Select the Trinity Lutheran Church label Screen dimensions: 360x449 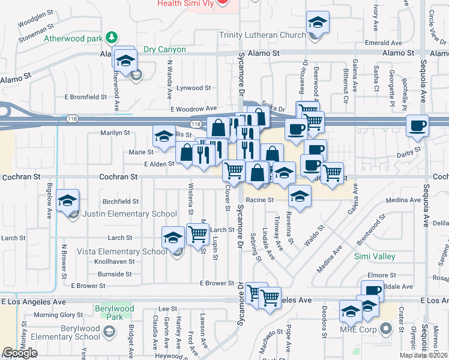(x=262, y=35)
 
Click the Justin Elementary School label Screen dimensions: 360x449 (x=130, y=214)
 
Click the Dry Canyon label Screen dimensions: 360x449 (x=164, y=49)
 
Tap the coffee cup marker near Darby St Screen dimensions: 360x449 (x=417, y=126)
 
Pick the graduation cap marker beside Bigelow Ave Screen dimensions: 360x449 (x=69, y=200)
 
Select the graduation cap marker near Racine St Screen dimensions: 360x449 (x=300, y=195)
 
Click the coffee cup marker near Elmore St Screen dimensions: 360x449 (x=372, y=290)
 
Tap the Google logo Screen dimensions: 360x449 (x=20, y=353)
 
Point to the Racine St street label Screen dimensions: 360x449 (x=261, y=200)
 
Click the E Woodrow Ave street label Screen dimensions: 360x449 (x=193, y=109)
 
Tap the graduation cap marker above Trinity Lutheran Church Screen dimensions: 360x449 (x=318, y=23)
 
